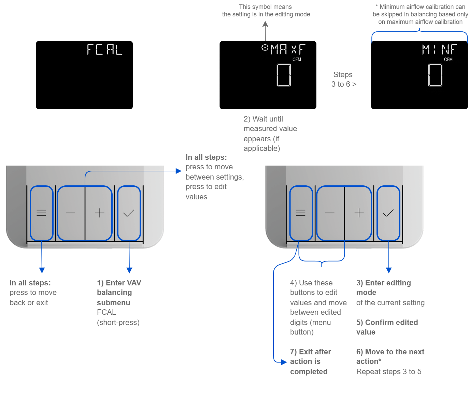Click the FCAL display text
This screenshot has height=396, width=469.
[x=104, y=49]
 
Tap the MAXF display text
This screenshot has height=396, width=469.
[x=288, y=49]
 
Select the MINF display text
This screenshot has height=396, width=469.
[x=439, y=49]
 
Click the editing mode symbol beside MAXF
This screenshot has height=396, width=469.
[x=265, y=47]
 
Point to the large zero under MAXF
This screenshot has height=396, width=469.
[x=284, y=75]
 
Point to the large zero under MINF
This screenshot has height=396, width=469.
[x=435, y=75]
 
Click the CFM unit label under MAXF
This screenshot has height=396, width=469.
[x=297, y=59]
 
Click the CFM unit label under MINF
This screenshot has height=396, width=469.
[x=448, y=59]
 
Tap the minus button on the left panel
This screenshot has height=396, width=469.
[x=70, y=213]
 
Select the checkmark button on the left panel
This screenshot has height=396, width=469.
[x=129, y=213]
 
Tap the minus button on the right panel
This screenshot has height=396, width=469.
[x=330, y=213]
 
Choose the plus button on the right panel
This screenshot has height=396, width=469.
[x=359, y=213]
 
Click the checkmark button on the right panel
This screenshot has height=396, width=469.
[x=388, y=213]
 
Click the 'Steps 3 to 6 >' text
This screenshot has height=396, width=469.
[x=343, y=79]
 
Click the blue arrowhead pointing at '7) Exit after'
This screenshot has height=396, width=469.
[x=284, y=362]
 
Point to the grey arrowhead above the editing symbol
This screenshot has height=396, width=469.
[x=265, y=24]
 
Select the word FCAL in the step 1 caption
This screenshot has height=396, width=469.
[x=106, y=312]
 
